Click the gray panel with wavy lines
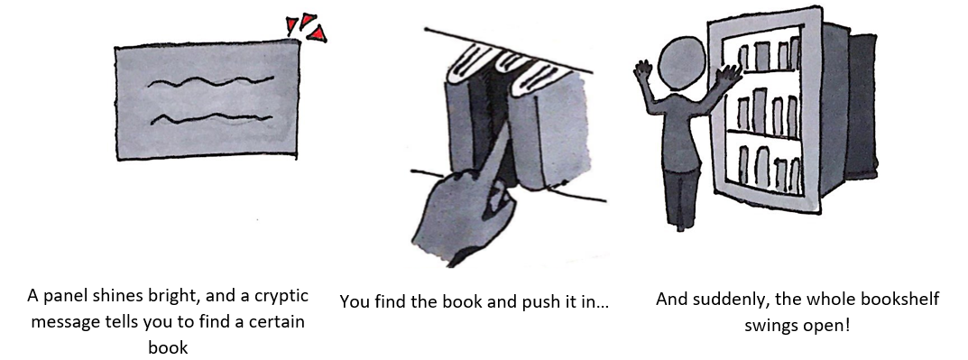point(207,99)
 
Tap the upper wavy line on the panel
point(210,81)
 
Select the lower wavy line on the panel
point(211,117)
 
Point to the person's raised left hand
point(643,71)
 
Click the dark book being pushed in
point(488,124)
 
